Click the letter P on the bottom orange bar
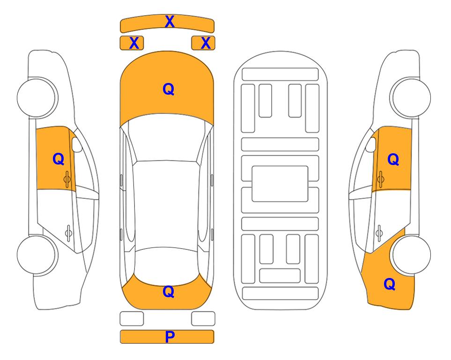pyautogui.click(x=170, y=337)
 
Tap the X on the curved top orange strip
pyautogui.click(x=170, y=22)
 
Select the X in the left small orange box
pyautogui.click(x=134, y=43)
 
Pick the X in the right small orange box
pyautogui.click(x=206, y=43)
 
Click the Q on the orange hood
pyautogui.click(x=169, y=89)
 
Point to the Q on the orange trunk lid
pyautogui.click(x=169, y=292)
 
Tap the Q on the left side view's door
pyautogui.click(x=59, y=159)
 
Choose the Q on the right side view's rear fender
pyautogui.click(x=390, y=284)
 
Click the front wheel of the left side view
pyautogui.click(x=37, y=97)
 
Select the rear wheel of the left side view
pyautogui.click(x=37, y=255)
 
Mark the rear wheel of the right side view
pyautogui.click(x=411, y=255)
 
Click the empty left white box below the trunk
pyautogui.click(x=132, y=319)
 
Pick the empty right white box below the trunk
pyautogui.click(x=203, y=319)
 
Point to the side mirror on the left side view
pyautogui.click(x=77, y=144)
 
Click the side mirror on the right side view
pyautogui.click(x=371, y=144)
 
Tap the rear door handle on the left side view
pyautogui.click(x=68, y=233)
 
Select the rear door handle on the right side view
pyautogui.click(x=379, y=233)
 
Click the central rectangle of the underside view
pyautogui.click(x=280, y=184)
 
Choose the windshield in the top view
pyautogui.click(x=167, y=138)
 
